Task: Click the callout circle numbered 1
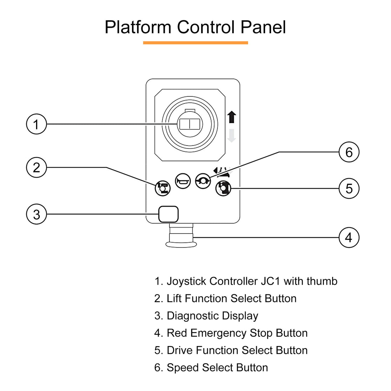click(x=36, y=124)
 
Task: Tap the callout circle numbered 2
click(x=36, y=167)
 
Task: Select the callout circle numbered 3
click(x=36, y=214)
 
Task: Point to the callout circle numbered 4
click(x=349, y=237)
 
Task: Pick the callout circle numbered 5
click(x=349, y=188)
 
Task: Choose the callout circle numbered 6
click(x=349, y=152)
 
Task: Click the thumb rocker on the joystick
click(x=190, y=124)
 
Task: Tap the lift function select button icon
click(x=163, y=188)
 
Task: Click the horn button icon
click(x=183, y=181)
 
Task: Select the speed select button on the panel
click(x=203, y=181)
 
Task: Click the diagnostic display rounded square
click(x=168, y=214)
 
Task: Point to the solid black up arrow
click(x=232, y=117)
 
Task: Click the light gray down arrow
click(x=232, y=136)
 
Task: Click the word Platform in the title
click(x=138, y=27)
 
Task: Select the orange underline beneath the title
click(x=195, y=43)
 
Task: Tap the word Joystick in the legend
click(x=187, y=281)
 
